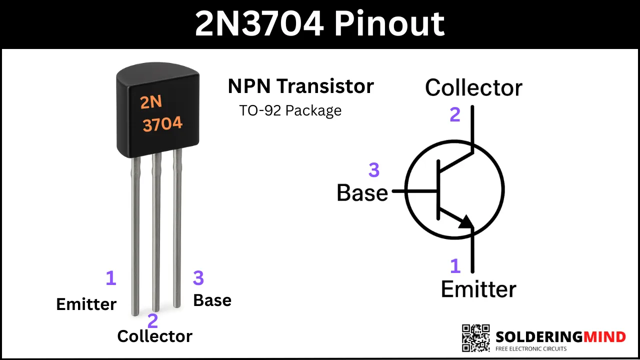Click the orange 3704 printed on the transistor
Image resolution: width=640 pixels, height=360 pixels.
pos(162,124)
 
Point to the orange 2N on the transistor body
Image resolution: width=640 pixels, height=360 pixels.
pos(151,102)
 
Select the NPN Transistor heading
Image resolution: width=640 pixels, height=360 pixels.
pos(301,86)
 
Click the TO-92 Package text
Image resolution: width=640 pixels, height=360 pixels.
pos(290,111)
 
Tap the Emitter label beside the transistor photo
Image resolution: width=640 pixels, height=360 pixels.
pos(86,304)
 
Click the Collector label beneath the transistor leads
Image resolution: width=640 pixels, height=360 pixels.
pos(155,336)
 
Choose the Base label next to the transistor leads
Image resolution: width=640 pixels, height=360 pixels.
pos(212,300)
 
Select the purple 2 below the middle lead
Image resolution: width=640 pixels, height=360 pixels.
pos(153,320)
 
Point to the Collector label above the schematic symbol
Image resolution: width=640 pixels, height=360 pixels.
pos(473,87)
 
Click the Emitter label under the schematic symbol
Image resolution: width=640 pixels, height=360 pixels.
pos(478,289)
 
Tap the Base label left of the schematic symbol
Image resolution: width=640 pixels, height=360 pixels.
pos(362,193)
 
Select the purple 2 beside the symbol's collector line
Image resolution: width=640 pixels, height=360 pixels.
pos(455,114)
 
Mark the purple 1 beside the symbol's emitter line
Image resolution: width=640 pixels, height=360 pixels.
pos(455,265)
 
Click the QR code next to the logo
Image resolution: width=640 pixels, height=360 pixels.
pos(475,338)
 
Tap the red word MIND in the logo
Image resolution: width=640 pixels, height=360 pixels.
pos(604,337)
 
